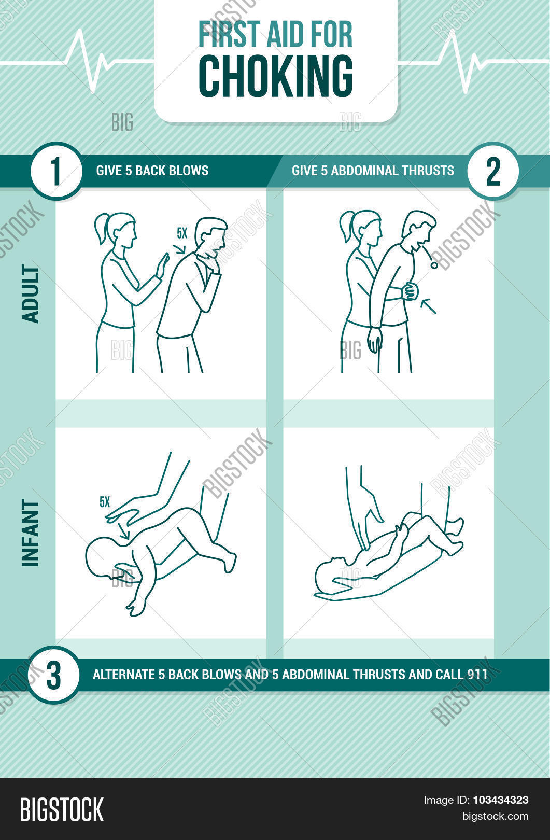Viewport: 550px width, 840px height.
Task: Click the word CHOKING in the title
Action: point(276,76)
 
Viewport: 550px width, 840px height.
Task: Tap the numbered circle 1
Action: point(56,171)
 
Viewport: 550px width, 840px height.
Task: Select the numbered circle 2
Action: point(493,171)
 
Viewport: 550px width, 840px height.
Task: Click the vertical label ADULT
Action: point(31,293)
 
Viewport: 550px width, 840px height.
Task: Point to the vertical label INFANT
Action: point(31,533)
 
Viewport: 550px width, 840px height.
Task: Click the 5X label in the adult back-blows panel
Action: point(182,234)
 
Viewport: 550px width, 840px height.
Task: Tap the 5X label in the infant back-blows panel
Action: point(105,502)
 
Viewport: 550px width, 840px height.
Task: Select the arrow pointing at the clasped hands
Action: point(428,305)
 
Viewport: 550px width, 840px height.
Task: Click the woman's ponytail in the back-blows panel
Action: point(101,228)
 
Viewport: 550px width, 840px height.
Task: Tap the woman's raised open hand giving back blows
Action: point(163,265)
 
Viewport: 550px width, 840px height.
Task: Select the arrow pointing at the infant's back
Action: point(123,532)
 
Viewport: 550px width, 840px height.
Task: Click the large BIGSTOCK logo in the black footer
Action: point(62,810)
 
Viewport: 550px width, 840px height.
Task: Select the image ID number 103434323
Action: point(501,800)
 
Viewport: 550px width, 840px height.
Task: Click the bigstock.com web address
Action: point(495,816)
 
